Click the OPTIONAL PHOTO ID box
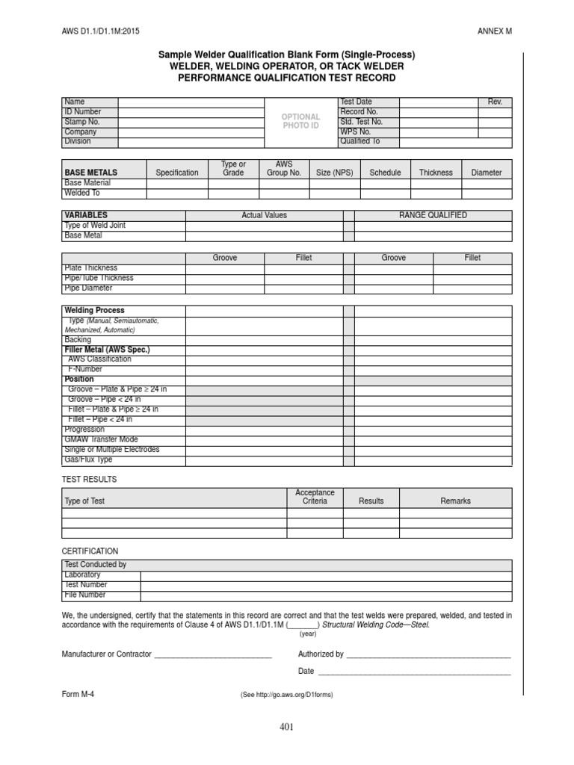[x=300, y=121]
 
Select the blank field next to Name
[x=191, y=102]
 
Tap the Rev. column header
[x=495, y=102]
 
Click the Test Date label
[x=356, y=102]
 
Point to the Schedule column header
[x=385, y=173]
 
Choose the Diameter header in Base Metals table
[x=487, y=173]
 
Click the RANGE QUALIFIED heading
[x=433, y=215]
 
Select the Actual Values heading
[x=264, y=215]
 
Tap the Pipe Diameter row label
[x=88, y=288]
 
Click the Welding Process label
[x=95, y=310]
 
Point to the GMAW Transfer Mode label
[x=102, y=439]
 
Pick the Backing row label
[x=78, y=339]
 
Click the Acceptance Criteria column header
[x=315, y=497]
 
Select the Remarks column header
[x=455, y=501]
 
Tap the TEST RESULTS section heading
[x=89, y=479]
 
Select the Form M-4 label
[x=78, y=693]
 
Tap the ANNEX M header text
[x=495, y=31]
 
